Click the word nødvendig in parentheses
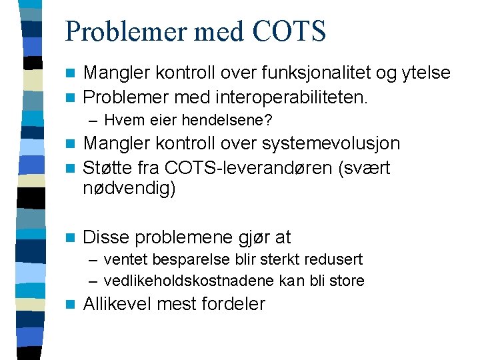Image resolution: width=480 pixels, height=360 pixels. (128, 189)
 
